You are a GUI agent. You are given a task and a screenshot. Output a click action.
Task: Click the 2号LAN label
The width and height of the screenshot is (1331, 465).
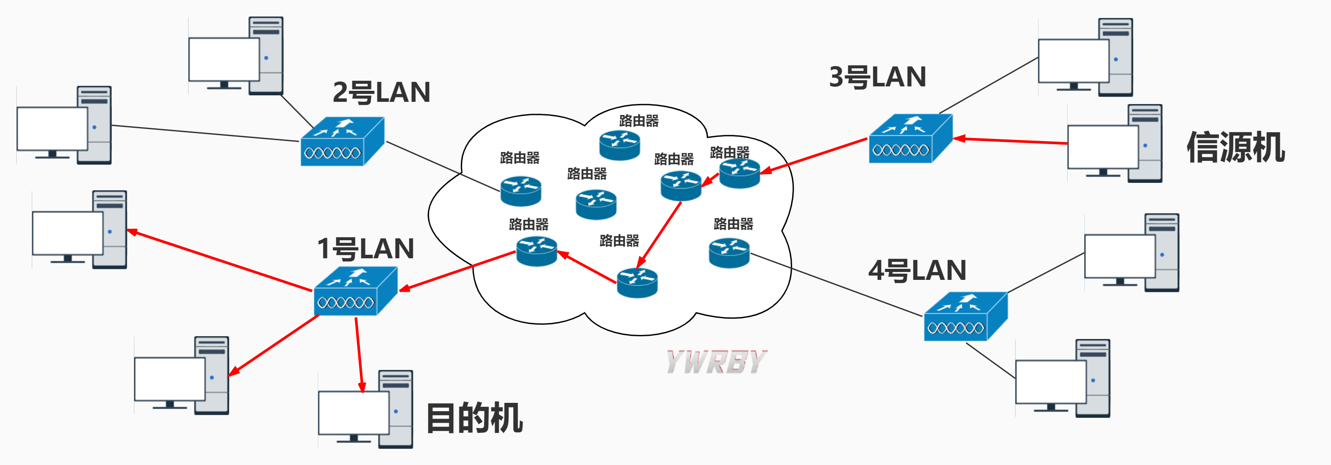[x=381, y=93]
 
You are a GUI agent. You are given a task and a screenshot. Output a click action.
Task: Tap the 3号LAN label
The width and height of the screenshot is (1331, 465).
[x=877, y=78]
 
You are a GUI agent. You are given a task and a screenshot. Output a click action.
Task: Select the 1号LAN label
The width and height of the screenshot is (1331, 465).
[x=365, y=249]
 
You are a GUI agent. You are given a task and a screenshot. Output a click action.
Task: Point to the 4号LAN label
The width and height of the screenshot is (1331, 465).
[x=917, y=271]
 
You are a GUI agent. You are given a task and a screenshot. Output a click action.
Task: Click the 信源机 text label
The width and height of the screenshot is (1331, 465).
[x=1235, y=148]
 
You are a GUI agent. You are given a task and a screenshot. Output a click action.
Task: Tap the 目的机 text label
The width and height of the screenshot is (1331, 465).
[x=475, y=417]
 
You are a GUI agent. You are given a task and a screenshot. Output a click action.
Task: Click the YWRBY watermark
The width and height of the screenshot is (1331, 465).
[x=716, y=362]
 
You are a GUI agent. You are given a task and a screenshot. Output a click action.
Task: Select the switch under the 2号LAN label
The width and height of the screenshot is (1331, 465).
[x=342, y=141]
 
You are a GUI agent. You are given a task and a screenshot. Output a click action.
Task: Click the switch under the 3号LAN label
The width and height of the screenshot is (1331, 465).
[x=910, y=139]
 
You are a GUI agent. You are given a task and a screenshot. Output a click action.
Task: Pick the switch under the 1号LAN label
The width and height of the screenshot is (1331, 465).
[x=356, y=291]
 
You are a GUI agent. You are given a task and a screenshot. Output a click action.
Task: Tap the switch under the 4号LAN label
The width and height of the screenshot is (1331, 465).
[x=965, y=317]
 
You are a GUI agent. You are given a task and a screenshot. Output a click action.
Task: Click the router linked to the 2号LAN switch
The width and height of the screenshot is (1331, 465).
[x=520, y=191]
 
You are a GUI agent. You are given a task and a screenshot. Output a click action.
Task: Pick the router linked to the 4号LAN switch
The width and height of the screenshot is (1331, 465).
[x=729, y=253]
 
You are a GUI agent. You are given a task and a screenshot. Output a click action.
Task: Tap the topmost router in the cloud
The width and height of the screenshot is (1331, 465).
[x=619, y=145]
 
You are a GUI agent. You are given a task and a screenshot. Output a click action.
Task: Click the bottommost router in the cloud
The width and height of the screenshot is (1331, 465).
[x=637, y=283]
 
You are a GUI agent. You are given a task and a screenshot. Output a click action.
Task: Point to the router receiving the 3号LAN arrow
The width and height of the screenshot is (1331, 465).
[x=739, y=173]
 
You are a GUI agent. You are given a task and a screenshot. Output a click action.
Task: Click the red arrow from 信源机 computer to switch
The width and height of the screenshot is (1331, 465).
[x=1010, y=141]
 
